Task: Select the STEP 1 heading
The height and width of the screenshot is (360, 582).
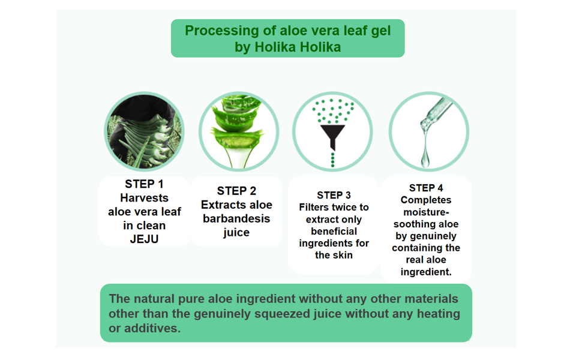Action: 144,184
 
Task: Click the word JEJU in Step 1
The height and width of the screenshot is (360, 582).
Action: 144,239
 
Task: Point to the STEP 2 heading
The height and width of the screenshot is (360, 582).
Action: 236,191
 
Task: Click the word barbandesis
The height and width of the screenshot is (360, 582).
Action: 236,218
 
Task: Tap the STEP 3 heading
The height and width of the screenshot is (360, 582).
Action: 334,195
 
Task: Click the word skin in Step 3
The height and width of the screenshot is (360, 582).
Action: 343,255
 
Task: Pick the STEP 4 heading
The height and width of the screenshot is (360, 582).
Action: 426,188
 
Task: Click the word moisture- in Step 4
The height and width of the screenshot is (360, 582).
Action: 426,212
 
